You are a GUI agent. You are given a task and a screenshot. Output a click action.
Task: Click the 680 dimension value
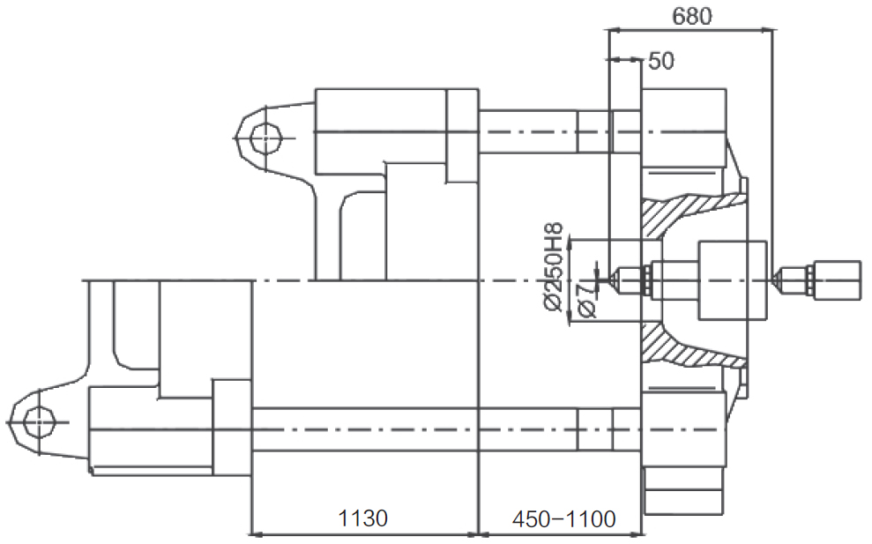point(692,16)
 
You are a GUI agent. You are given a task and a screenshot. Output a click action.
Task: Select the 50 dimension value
point(661,61)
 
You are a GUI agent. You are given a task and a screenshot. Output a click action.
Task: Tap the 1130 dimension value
point(362,518)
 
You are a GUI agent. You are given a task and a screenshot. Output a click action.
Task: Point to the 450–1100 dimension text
point(563,519)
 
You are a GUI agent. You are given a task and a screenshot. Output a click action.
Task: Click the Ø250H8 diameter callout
point(554,267)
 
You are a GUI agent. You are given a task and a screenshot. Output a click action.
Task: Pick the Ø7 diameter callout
point(587,300)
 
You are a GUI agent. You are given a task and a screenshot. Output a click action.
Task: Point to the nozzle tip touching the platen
point(612,279)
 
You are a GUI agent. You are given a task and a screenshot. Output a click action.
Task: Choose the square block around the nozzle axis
point(733,279)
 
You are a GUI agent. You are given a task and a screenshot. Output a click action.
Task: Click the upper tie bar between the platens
point(545,132)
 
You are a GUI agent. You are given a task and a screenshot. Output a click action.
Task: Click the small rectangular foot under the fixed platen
point(684,502)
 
